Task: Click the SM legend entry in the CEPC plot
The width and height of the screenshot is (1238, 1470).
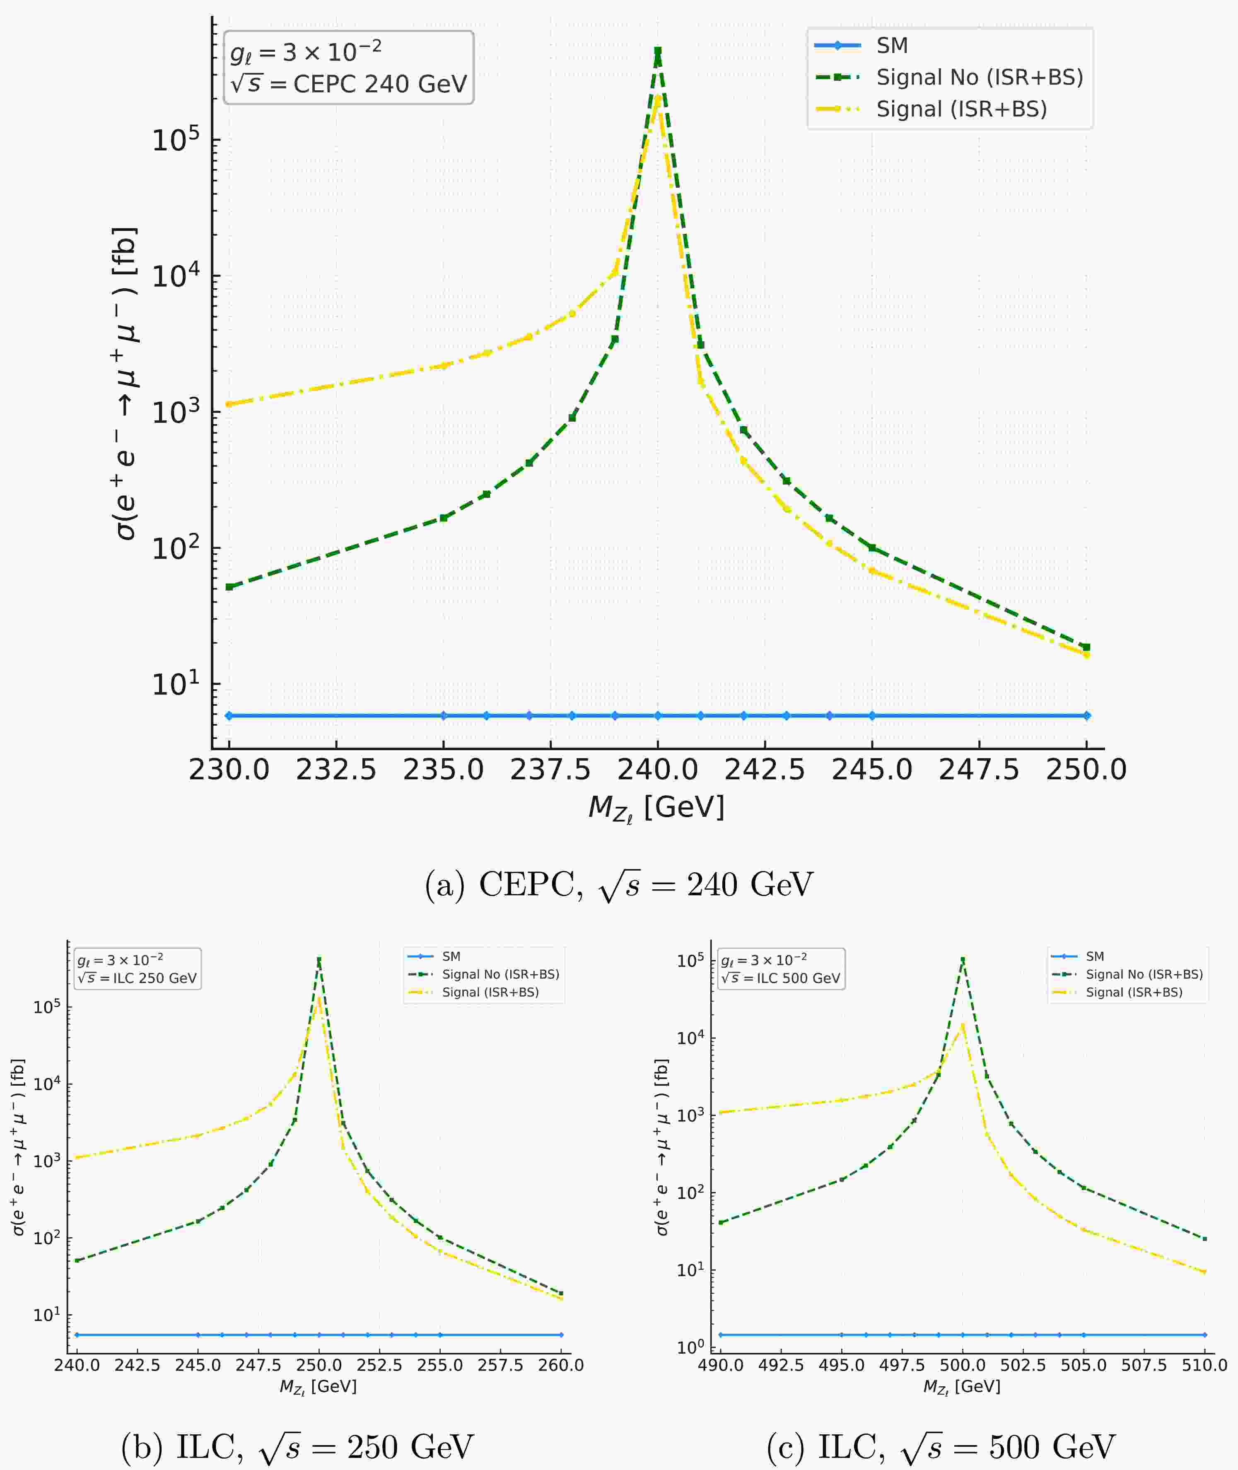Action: [x=891, y=46]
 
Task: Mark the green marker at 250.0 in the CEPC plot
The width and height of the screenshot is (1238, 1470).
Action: [x=1086, y=647]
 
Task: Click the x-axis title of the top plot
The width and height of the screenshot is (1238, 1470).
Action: [x=656, y=809]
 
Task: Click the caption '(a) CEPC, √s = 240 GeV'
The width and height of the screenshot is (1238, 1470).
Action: [x=619, y=886]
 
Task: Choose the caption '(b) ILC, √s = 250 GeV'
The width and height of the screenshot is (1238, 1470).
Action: [x=297, y=1447]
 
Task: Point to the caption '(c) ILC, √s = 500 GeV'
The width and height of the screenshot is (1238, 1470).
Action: [x=941, y=1447]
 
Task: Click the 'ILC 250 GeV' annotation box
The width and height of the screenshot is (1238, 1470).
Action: [x=138, y=969]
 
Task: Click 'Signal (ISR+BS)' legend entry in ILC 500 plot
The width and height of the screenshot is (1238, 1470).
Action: [x=1134, y=992]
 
